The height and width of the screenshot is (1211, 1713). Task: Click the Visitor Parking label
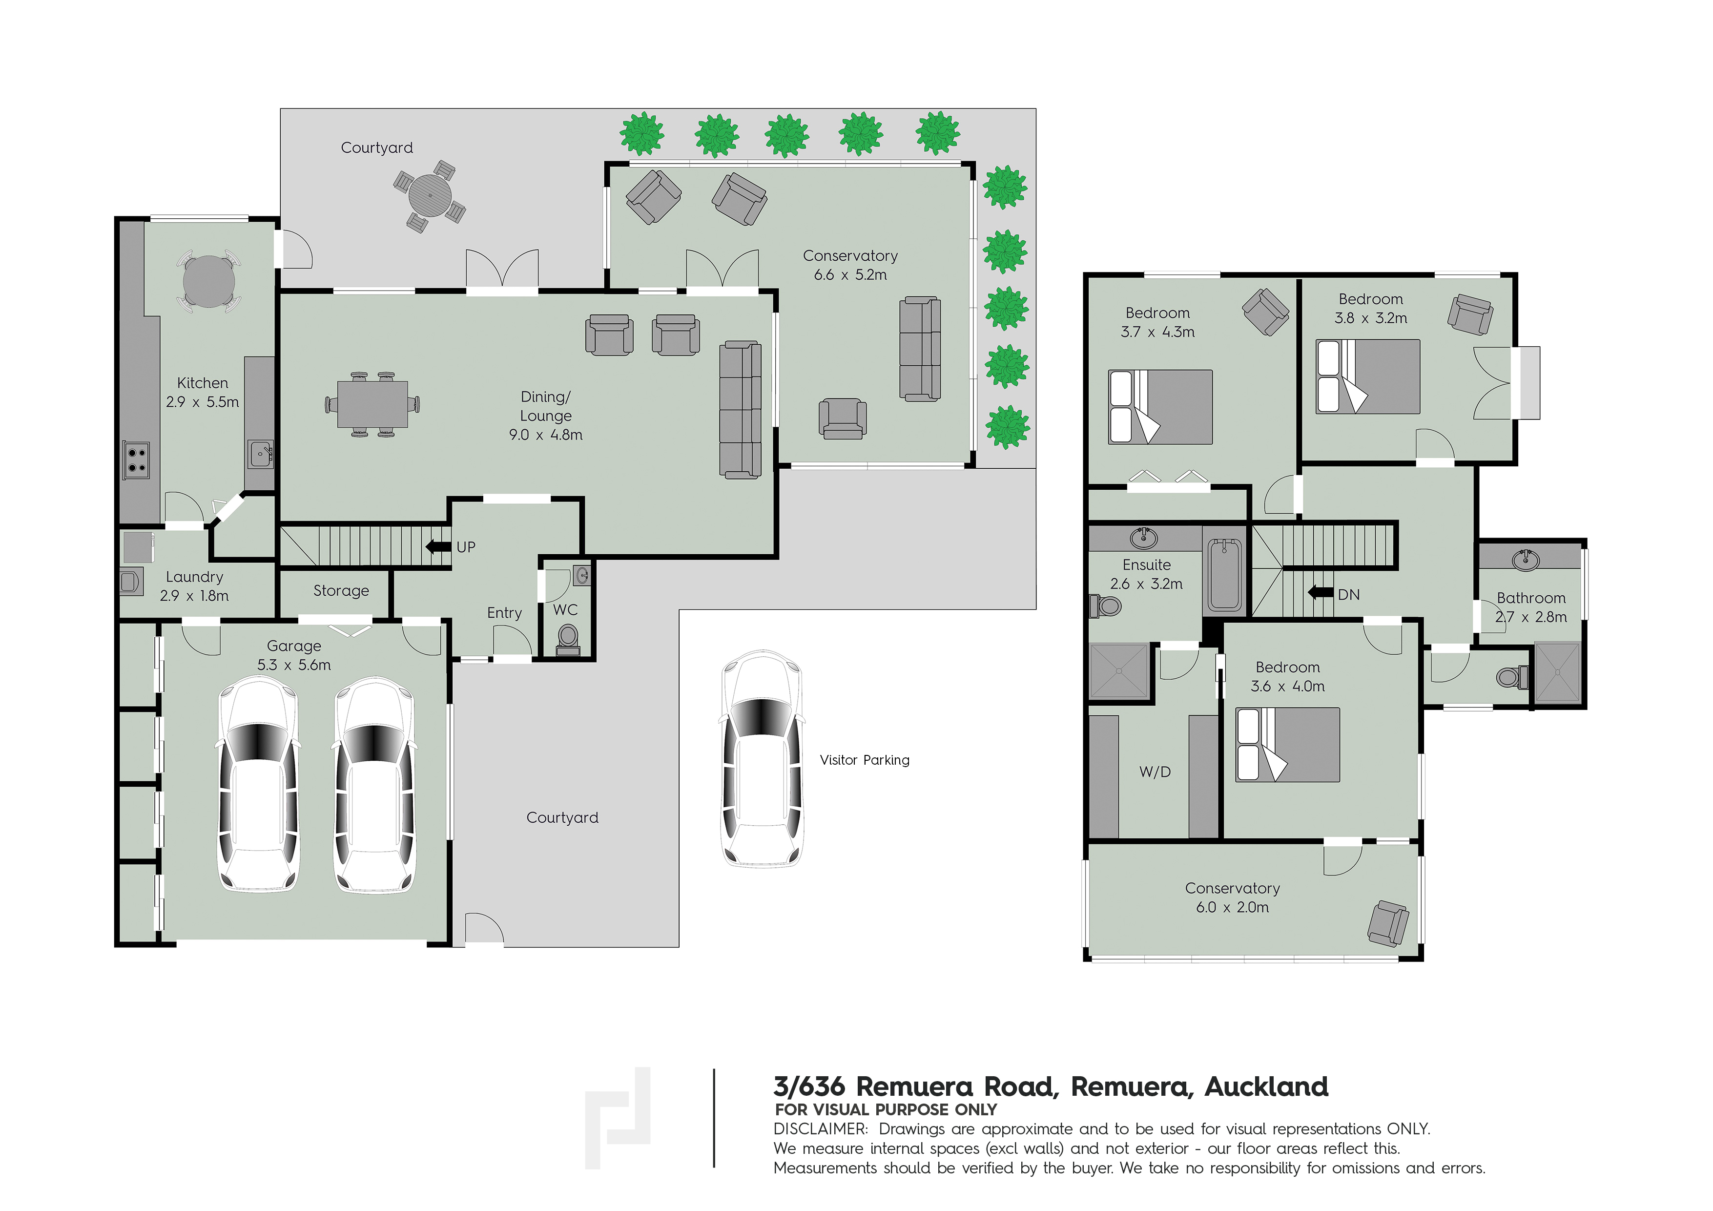pos(864,760)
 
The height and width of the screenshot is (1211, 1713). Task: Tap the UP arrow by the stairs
pos(438,547)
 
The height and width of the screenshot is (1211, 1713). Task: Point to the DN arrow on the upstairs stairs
pos(1321,592)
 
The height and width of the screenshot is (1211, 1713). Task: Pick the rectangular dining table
pos(372,404)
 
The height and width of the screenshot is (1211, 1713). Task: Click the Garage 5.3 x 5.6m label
pos(294,655)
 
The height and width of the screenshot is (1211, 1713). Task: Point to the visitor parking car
pos(762,758)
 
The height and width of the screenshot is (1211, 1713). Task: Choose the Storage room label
pos(341,591)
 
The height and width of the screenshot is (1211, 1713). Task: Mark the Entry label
pos(504,613)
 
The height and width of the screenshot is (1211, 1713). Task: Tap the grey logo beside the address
pos(617,1117)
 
